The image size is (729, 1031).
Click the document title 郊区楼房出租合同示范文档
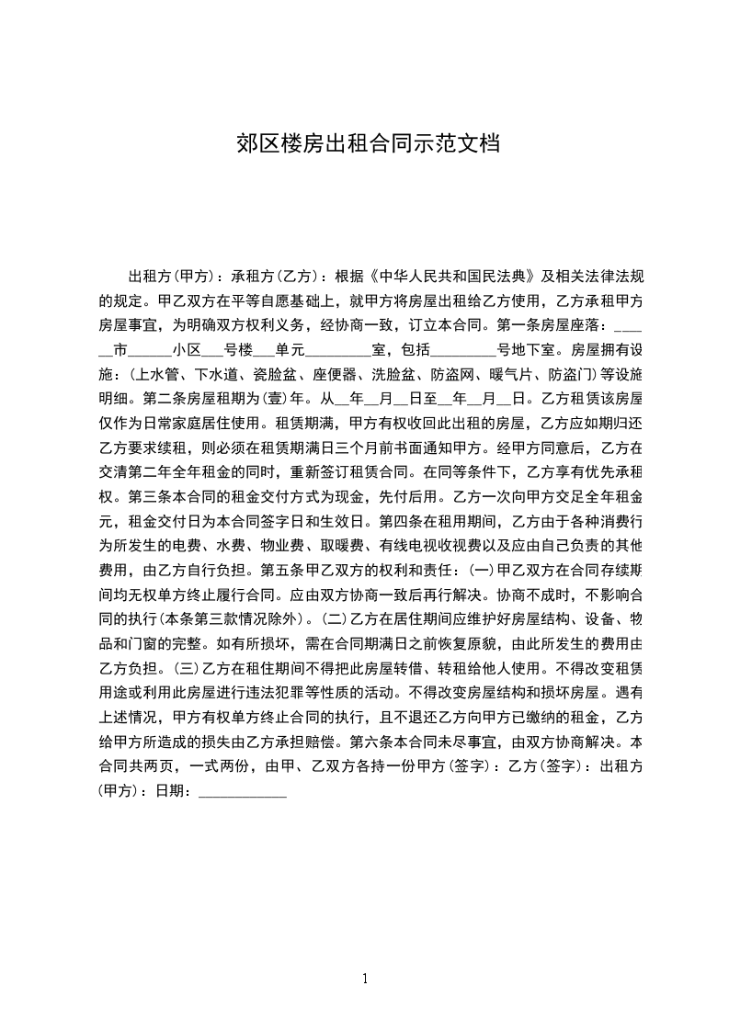point(364,143)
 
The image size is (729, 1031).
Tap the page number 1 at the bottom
point(365,979)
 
